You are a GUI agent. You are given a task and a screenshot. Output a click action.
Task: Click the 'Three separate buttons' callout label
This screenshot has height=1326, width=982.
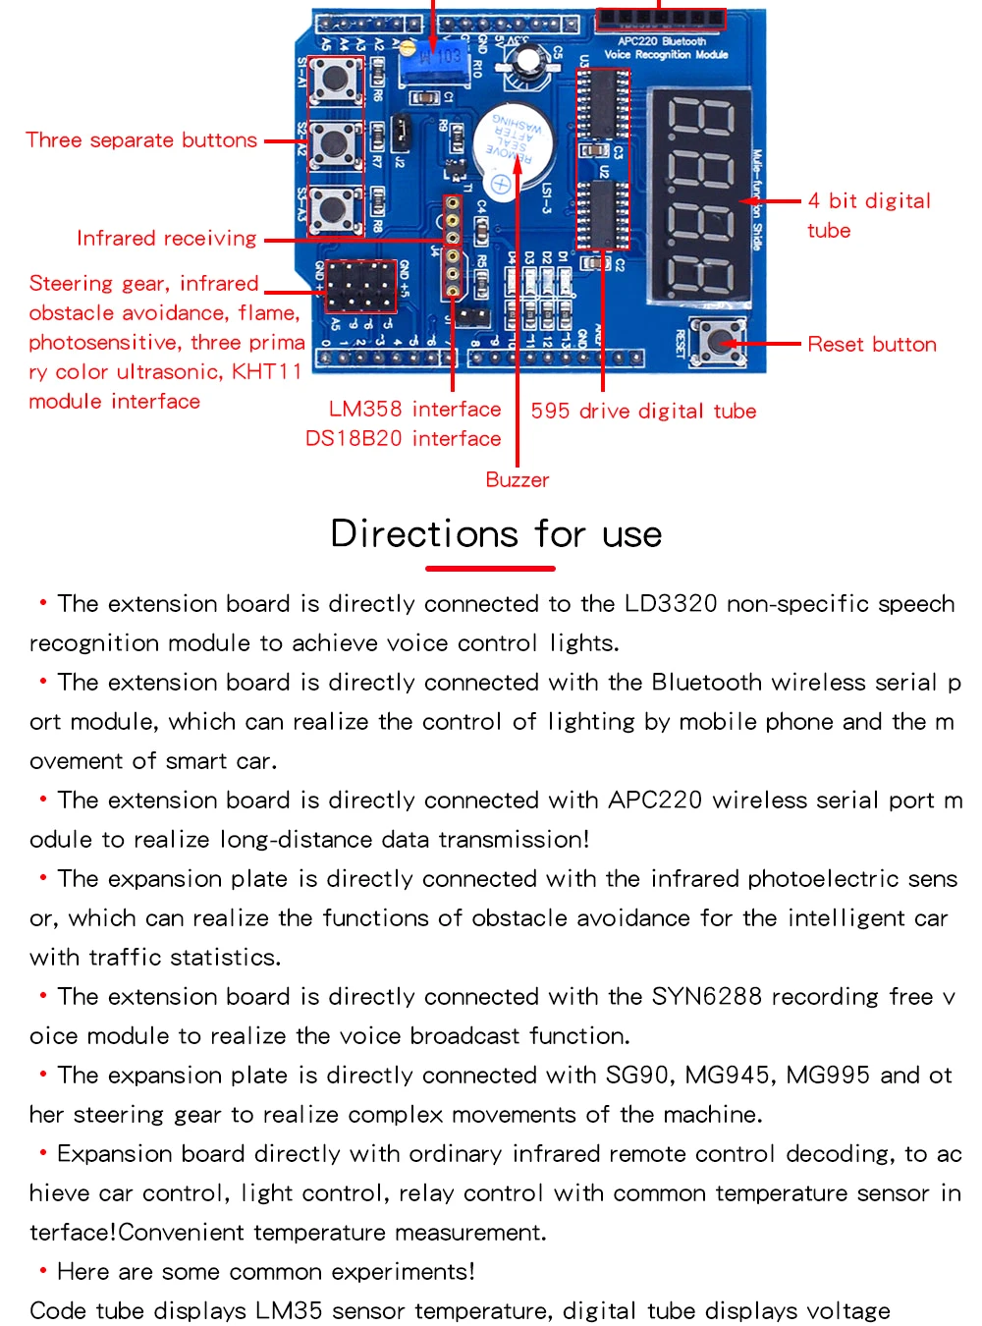pos(141,140)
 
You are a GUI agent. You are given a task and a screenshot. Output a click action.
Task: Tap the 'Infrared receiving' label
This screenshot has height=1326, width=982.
pos(166,239)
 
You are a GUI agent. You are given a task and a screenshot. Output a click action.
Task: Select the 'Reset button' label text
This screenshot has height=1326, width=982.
pos(872,345)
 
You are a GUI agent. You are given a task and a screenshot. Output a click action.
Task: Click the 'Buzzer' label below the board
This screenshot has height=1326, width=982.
pos(518,480)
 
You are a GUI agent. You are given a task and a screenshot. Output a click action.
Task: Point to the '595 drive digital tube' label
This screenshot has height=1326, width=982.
pos(643,412)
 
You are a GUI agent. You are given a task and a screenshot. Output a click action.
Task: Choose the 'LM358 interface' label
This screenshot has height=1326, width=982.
pos(414,410)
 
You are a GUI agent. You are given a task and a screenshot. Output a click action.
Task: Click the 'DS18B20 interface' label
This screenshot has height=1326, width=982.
pos(403,439)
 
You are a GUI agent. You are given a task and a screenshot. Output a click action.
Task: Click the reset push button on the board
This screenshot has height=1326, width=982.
pos(720,342)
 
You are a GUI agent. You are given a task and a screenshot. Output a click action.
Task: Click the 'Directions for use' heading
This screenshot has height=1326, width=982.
pos(496,534)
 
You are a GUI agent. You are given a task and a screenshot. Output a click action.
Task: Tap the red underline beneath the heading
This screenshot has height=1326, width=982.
pos(490,569)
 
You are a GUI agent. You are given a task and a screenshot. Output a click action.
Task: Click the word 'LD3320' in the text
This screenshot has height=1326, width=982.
pos(671,604)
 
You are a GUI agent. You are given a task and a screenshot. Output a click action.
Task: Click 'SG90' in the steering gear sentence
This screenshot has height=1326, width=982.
pos(638,1076)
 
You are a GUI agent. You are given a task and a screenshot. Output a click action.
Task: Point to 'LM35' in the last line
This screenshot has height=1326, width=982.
pos(289,1311)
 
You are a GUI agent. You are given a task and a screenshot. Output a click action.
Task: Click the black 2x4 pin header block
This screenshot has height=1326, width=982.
pos(360,286)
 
